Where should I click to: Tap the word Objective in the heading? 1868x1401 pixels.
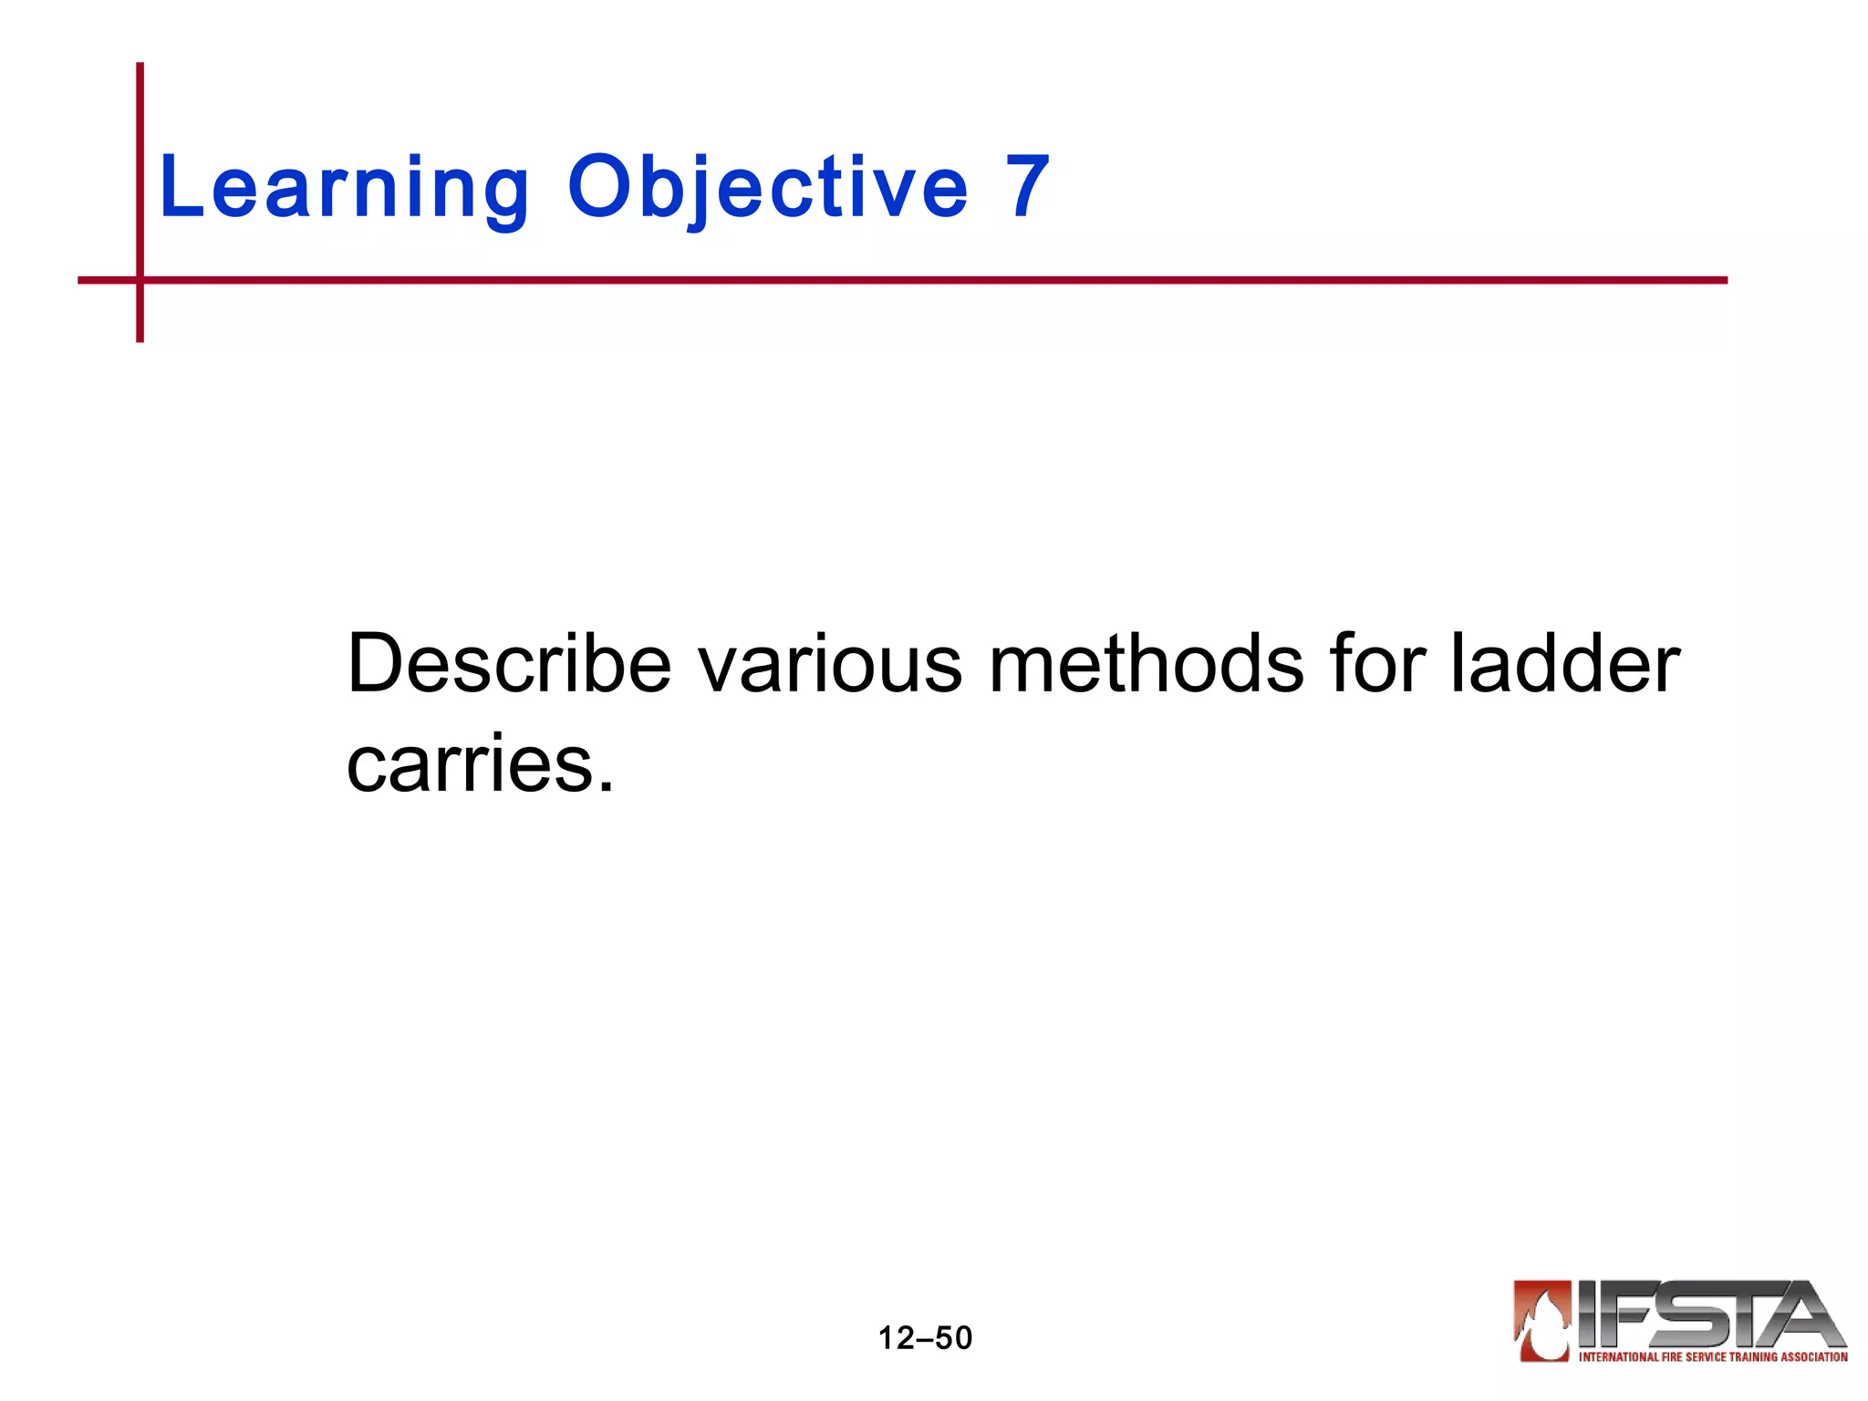[x=767, y=189]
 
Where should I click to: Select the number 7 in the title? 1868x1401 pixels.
[x=1028, y=187]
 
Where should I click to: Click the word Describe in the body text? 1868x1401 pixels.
[x=509, y=664]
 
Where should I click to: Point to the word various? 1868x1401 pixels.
[x=830, y=664]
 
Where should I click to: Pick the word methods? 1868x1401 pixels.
[x=1146, y=664]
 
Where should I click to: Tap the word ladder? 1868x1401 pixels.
[x=1565, y=664]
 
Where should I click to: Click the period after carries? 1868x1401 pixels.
[x=607, y=786]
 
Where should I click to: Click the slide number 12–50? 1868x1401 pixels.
[x=925, y=1338]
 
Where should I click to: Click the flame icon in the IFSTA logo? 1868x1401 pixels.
[x=1542, y=1320]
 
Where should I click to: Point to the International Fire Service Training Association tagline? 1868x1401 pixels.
[x=1712, y=1356]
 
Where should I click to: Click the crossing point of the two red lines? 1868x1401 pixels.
[x=140, y=280]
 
